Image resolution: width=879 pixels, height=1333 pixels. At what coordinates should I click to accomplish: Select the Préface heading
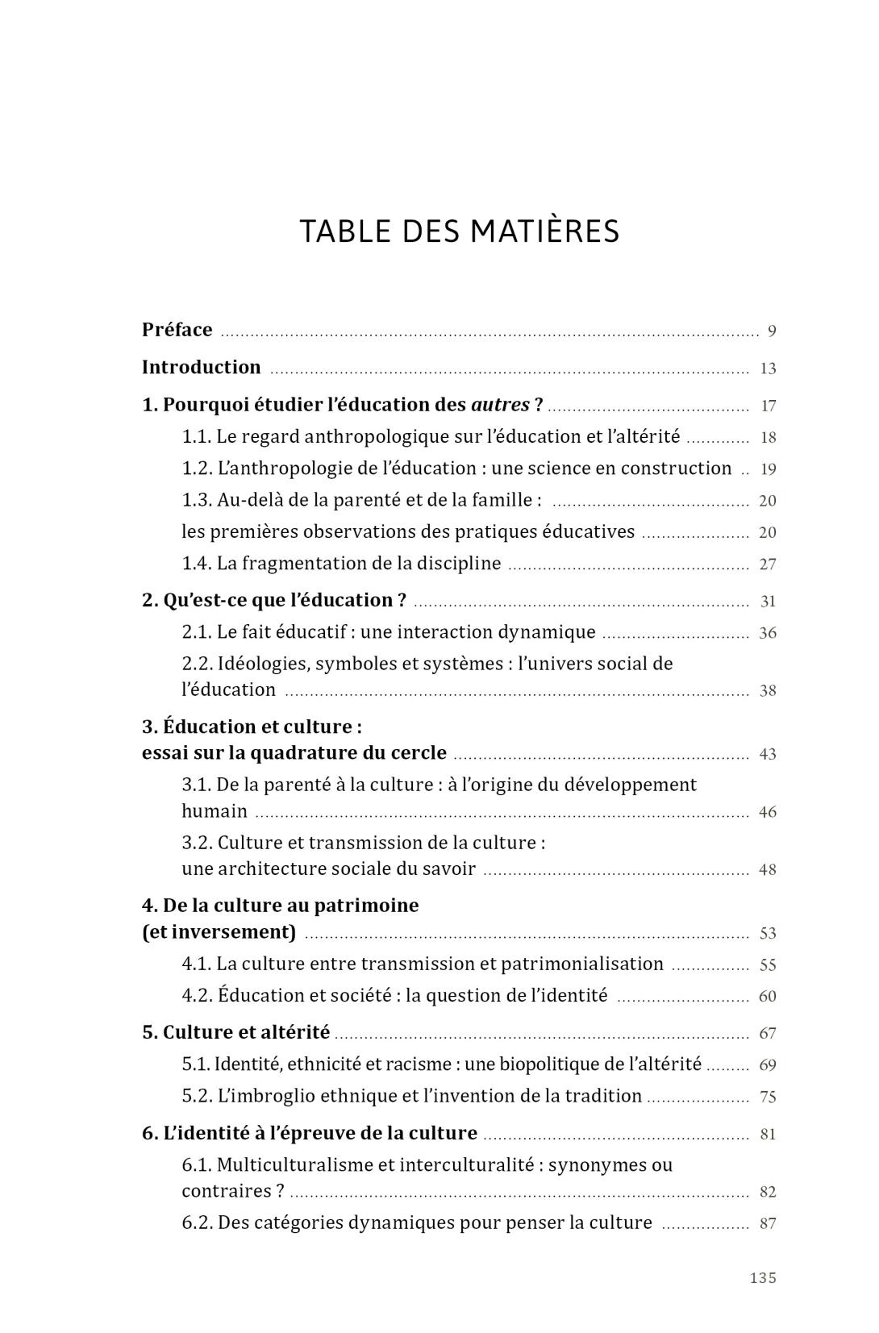(x=177, y=330)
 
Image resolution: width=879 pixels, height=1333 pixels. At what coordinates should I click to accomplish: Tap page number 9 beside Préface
(x=772, y=331)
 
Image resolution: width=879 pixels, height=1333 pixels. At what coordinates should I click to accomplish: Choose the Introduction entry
(x=202, y=368)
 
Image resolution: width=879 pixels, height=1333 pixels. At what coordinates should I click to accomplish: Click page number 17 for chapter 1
(x=768, y=406)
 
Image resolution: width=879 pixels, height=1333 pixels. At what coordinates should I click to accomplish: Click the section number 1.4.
(x=196, y=564)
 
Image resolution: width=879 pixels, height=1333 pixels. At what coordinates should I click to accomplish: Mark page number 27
(x=768, y=564)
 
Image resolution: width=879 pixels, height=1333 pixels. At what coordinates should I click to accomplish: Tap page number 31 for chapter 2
(x=768, y=602)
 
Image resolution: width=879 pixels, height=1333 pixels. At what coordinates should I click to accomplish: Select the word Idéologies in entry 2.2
(x=263, y=664)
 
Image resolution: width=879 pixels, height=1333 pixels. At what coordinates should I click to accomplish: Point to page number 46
(x=768, y=812)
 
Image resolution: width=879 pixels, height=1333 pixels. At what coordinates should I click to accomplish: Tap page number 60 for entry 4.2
(x=768, y=997)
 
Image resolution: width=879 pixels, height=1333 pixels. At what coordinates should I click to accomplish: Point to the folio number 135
(x=763, y=1278)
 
